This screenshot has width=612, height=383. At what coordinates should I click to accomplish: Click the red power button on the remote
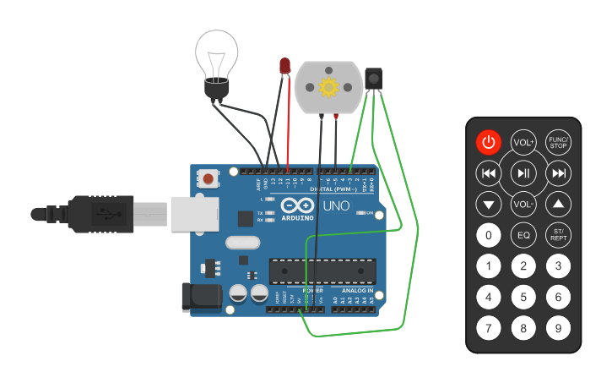tap(488, 142)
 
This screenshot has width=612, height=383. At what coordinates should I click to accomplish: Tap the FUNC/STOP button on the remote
tap(558, 142)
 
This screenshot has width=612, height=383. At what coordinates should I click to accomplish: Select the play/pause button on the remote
tap(523, 173)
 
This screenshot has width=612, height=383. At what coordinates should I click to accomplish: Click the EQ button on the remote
tap(523, 234)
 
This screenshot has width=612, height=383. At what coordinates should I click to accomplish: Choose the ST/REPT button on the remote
tap(558, 234)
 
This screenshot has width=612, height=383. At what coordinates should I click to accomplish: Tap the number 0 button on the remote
tap(488, 234)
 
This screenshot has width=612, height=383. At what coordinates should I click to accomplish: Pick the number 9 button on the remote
tap(558, 326)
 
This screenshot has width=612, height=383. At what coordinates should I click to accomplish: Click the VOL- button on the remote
tap(523, 204)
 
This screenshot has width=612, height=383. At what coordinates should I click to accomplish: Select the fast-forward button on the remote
tap(558, 173)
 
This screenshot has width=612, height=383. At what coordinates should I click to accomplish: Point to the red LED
tap(285, 66)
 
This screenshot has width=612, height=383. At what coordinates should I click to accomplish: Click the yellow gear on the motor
tap(328, 86)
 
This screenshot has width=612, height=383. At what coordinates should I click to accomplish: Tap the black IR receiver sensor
tap(374, 79)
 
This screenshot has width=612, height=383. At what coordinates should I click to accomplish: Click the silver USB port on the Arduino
tap(195, 214)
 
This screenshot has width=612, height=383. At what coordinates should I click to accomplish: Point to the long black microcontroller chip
tap(322, 271)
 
